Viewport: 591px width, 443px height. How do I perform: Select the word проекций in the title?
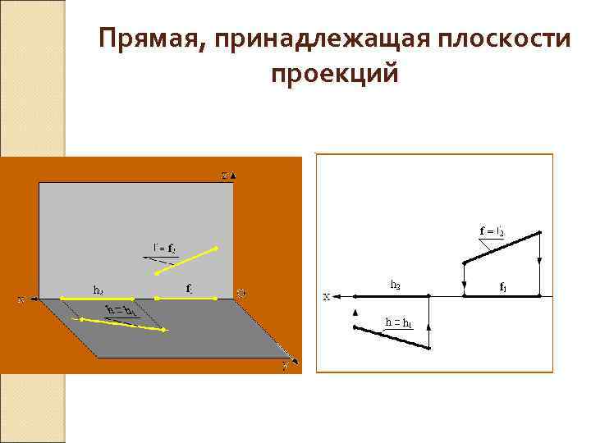click(334, 74)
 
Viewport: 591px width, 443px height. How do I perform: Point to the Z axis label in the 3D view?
click(227, 175)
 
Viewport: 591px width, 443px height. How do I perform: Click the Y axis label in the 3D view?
click(284, 367)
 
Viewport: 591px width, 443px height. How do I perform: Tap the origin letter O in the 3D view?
click(241, 293)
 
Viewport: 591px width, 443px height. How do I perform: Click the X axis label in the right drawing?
click(326, 297)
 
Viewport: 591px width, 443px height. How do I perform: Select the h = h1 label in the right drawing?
click(398, 322)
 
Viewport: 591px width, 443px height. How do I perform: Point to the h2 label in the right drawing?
click(395, 285)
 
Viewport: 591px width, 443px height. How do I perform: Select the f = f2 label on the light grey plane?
click(163, 247)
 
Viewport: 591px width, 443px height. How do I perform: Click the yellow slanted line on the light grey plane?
click(186, 259)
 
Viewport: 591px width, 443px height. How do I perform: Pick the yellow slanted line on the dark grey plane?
click(123, 324)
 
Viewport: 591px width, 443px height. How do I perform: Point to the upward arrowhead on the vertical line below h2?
click(355, 313)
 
